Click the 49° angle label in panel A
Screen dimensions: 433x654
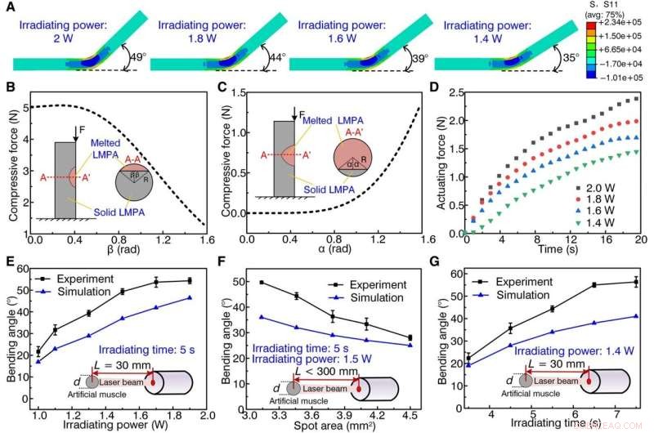tap(140, 58)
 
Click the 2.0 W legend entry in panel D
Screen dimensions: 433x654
tap(596, 181)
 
